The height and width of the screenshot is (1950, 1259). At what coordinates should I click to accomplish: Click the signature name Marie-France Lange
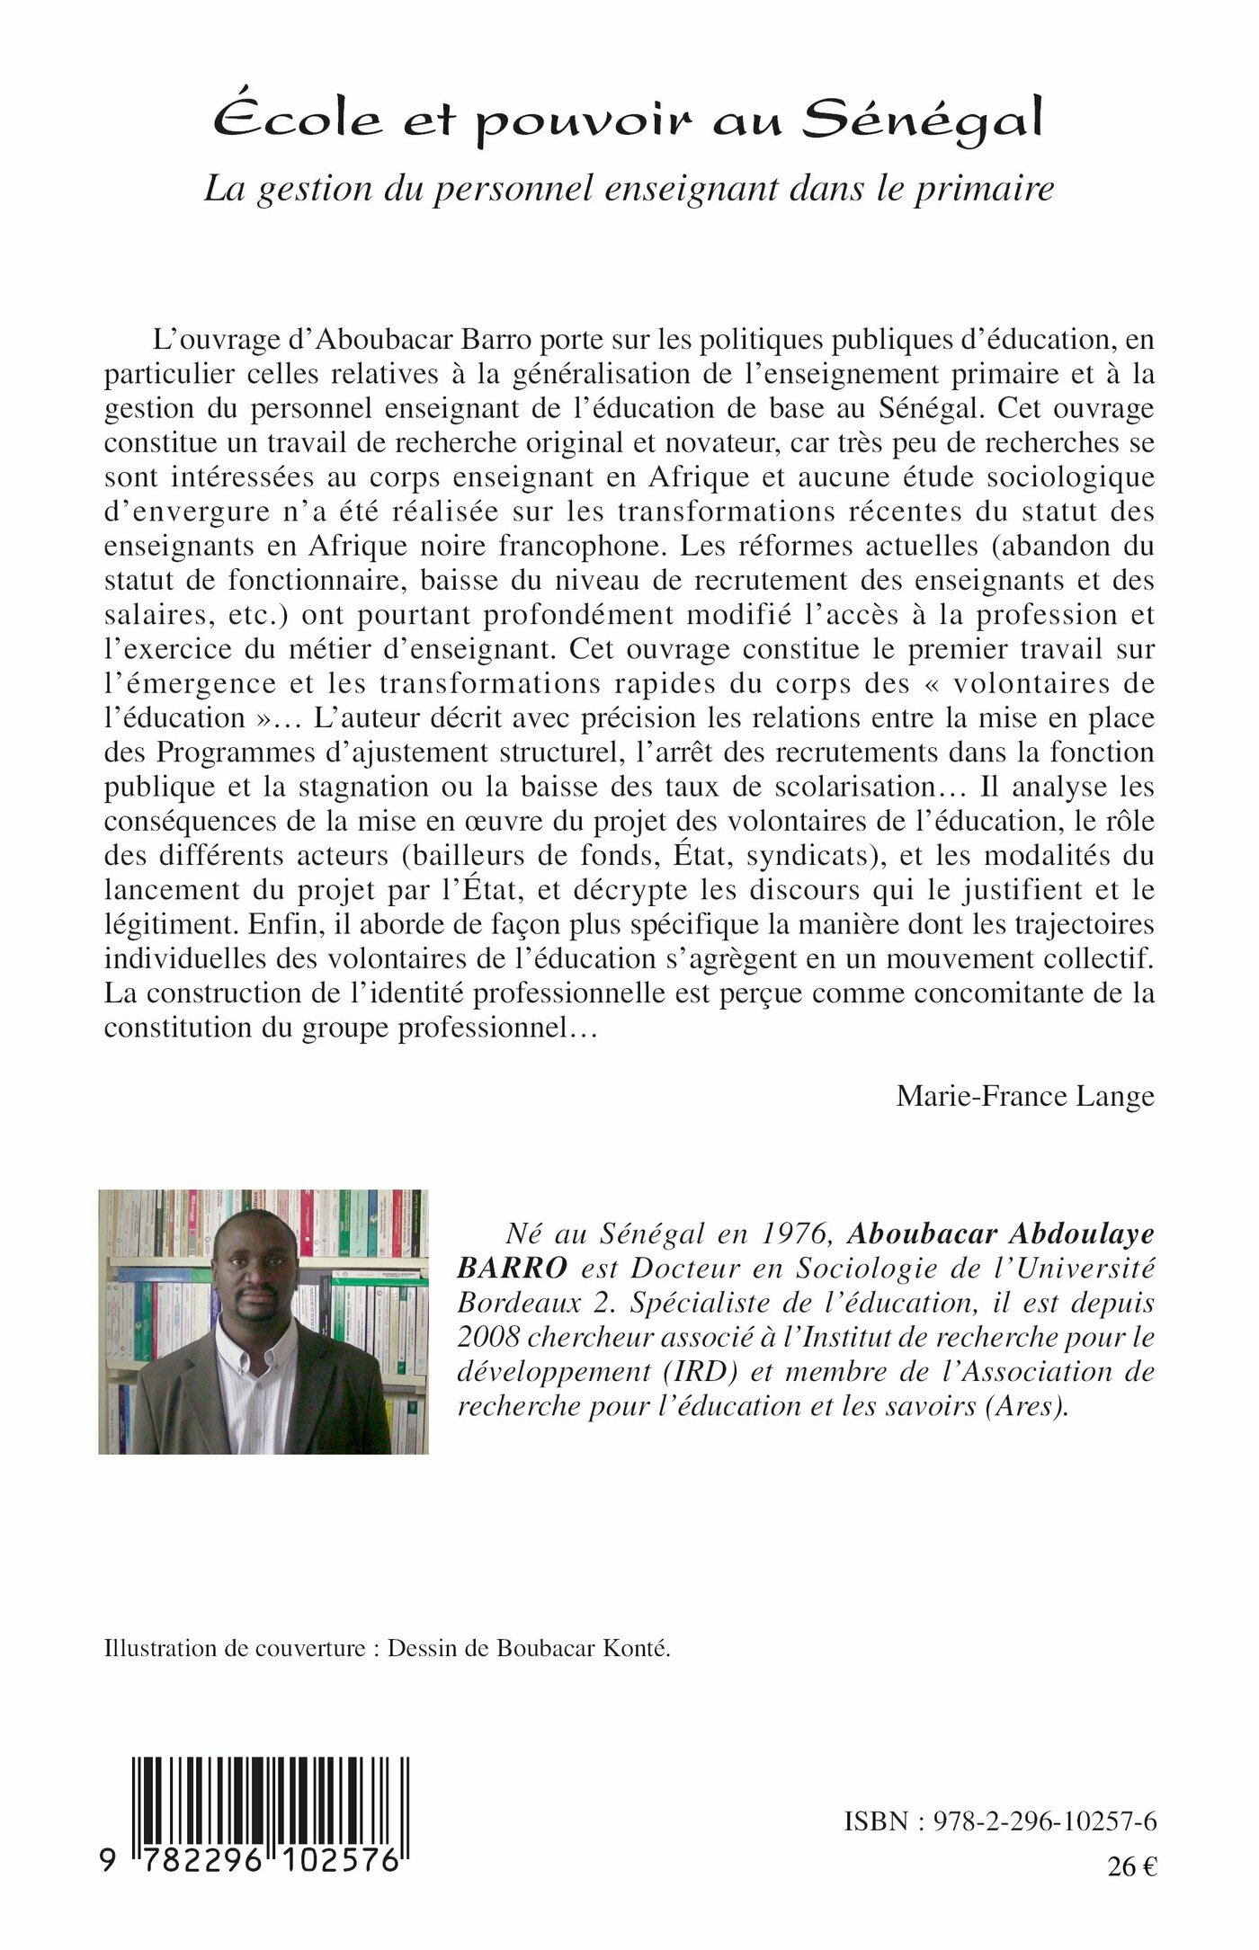click(x=1024, y=1096)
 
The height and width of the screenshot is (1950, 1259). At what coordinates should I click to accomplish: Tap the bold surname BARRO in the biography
click(x=512, y=1268)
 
